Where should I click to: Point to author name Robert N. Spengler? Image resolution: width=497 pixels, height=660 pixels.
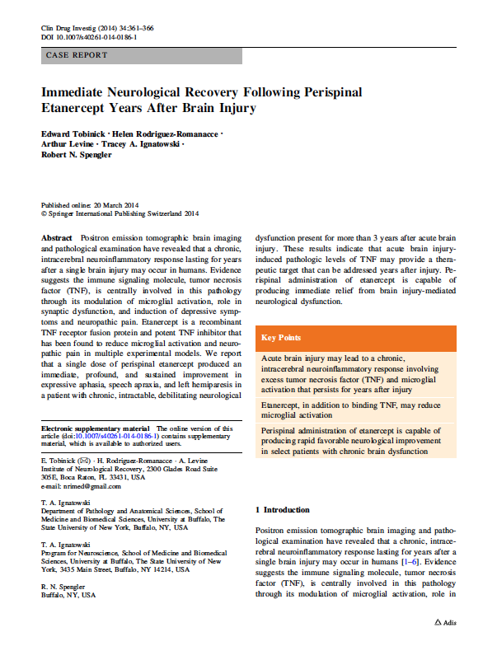(x=77, y=154)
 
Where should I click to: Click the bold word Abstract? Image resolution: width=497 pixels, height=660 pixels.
(x=57, y=236)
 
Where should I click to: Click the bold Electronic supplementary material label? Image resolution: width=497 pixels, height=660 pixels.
(x=95, y=428)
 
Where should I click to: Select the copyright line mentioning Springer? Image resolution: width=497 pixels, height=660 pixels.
(x=120, y=213)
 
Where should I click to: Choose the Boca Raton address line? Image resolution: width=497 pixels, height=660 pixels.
(x=92, y=476)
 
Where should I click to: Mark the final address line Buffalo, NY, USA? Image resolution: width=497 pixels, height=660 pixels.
(x=68, y=594)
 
